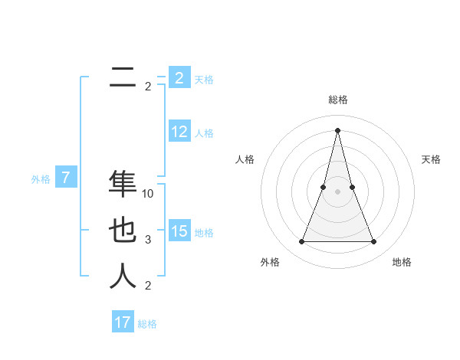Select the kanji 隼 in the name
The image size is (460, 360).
coord(123,184)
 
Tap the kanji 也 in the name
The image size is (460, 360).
coord(123,231)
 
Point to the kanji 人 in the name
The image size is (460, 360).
coord(123,276)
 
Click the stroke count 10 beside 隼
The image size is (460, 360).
coord(148,194)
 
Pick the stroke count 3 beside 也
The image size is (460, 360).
coord(148,240)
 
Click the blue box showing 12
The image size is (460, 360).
coord(179,132)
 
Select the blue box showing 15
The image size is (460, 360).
coord(179,231)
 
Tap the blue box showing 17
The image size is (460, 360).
coord(123,322)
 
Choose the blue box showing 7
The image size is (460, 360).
coord(66,178)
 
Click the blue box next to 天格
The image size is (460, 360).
coord(179,77)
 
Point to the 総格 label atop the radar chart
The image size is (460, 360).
coord(337,100)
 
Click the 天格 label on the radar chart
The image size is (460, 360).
coord(431,159)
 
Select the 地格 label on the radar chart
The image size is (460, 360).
coord(402,262)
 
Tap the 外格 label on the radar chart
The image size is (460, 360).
coord(270,262)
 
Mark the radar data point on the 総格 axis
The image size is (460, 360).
coord(337,129)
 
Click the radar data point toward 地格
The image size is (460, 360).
coord(374,242)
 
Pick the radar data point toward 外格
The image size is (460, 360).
coord(301,242)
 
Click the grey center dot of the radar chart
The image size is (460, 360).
coord(337,192)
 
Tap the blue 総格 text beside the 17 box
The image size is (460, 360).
coord(147,324)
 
